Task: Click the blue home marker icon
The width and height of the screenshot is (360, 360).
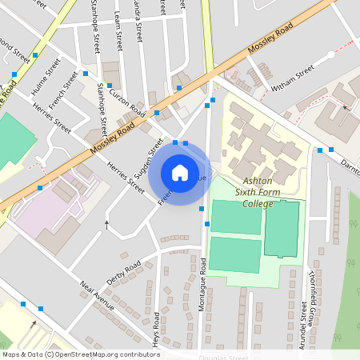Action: coord(179,172)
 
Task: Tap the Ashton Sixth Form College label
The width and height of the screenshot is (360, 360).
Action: coord(266,193)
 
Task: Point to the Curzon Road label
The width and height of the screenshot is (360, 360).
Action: coord(126,99)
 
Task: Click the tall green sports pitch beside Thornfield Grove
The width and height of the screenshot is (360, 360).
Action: coord(282,229)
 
